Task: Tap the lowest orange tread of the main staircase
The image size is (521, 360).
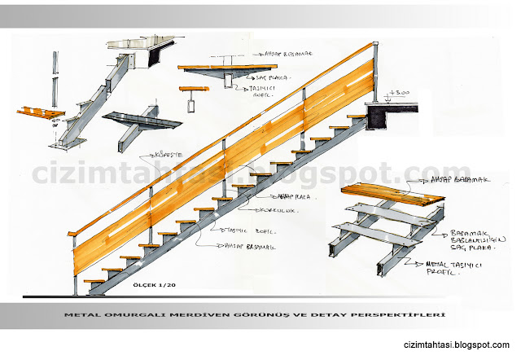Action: click(x=98, y=279)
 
